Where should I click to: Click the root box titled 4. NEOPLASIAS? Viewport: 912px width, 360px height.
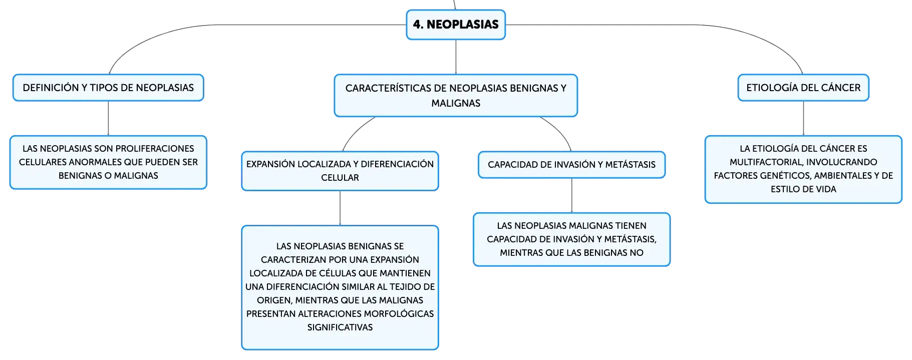coord(456,25)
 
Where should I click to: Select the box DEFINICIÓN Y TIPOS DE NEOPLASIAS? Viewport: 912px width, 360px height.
coord(108,88)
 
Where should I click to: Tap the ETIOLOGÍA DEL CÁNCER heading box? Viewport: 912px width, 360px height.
coord(803,88)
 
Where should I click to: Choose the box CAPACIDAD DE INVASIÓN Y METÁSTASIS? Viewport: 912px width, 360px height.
coord(571,165)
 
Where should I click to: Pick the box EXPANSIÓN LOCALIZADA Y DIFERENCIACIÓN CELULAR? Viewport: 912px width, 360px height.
coord(340,171)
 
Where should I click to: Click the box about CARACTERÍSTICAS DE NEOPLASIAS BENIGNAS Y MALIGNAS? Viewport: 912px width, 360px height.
coord(456,96)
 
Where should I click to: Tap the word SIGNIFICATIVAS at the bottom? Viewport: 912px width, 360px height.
coord(340,327)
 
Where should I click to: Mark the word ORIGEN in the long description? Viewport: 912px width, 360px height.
coord(274,300)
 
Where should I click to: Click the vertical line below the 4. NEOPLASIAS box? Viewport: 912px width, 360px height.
coord(456,57)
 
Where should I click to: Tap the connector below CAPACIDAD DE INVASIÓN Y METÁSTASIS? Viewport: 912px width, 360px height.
coord(571,195)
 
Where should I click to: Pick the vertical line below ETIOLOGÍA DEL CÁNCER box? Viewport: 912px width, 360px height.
coord(803,118)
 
